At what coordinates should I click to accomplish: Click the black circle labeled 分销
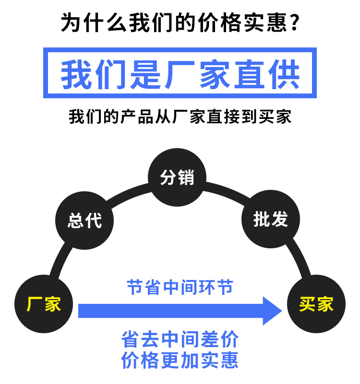pos(177,177)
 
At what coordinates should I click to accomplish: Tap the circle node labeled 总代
pos(85,221)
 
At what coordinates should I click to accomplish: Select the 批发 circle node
pos(271,220)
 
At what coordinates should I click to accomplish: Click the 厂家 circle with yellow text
pos(44,304)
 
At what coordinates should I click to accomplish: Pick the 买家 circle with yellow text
pos(316,304)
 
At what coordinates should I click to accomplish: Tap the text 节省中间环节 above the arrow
pos(180,287)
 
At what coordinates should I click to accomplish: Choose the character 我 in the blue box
pos(76,73)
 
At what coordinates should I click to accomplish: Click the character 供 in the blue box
pos(284,73)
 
